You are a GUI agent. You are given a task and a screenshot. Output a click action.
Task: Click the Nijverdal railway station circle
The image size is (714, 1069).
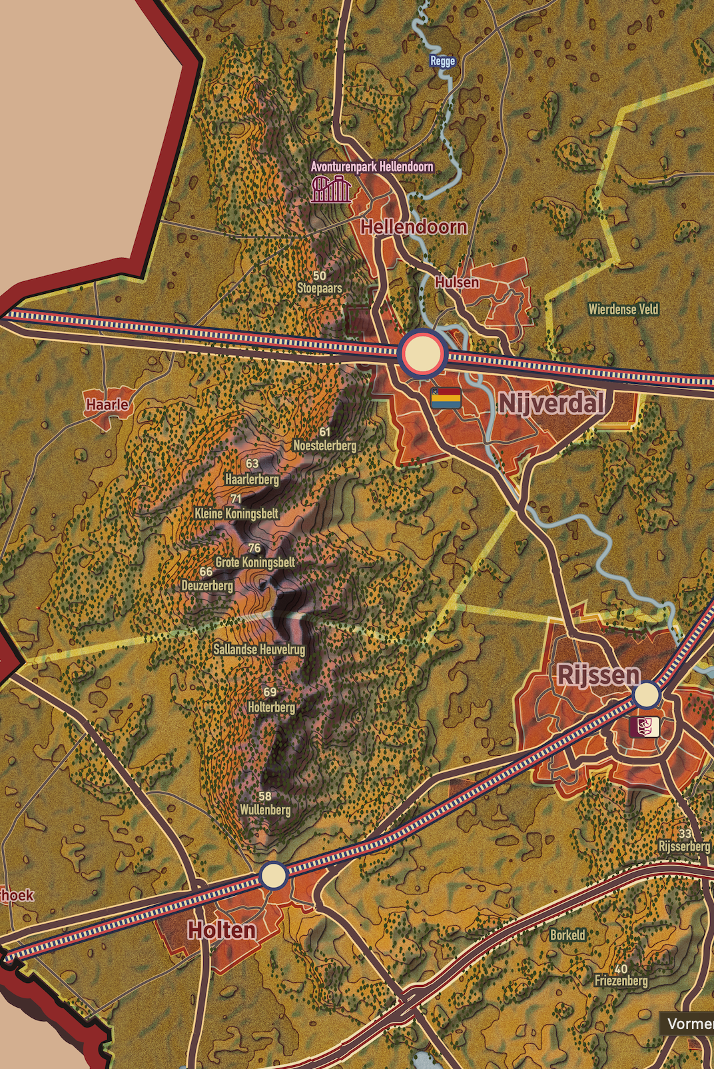422,353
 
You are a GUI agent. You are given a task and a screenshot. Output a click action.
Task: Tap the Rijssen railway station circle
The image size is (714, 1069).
646,695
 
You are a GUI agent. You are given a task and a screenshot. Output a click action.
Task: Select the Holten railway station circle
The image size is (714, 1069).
273,875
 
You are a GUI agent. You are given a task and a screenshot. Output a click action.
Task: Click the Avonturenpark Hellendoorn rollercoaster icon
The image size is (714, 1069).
330,189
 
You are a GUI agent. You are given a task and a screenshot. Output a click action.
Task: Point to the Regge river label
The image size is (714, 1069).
442,61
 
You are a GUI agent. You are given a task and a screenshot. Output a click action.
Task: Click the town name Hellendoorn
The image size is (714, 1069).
414,227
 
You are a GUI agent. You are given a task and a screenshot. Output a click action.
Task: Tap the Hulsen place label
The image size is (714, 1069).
457,283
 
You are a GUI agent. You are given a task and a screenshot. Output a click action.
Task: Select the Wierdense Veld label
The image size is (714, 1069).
623,309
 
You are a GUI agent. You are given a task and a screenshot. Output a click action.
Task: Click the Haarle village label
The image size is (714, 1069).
107,405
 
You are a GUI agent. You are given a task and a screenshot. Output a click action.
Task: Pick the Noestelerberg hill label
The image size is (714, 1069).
325,445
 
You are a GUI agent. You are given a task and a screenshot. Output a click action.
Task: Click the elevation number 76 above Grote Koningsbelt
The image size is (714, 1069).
254,548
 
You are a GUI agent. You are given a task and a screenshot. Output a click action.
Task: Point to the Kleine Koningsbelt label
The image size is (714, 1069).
236,513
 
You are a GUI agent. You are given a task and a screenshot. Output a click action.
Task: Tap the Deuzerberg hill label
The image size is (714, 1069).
207,585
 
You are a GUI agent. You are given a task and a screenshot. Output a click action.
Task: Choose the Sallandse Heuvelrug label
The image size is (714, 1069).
259,649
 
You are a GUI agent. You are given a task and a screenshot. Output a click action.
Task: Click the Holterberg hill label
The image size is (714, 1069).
271,707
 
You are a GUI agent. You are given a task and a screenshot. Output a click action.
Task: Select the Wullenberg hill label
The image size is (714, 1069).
265,810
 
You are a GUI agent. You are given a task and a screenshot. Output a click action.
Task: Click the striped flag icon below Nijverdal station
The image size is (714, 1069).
446,398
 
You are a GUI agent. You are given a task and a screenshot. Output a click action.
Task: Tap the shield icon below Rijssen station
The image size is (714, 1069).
644,726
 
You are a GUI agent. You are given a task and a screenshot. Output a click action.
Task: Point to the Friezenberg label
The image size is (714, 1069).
621,980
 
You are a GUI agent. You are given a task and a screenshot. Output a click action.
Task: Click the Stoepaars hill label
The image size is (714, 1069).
320,289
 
